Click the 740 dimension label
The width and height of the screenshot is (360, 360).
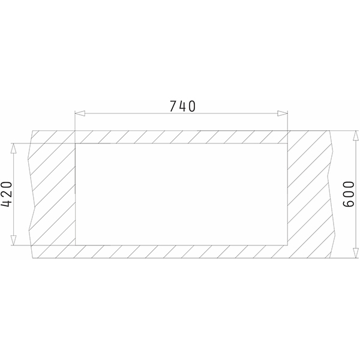(182, 106)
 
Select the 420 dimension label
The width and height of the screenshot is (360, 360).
(7, 194)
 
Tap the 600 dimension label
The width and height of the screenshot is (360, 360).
(348, 194)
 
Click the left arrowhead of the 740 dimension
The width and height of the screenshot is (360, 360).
(80, 113)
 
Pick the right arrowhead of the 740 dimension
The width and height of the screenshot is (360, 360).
(283, 113)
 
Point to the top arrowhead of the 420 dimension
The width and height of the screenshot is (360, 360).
(14, 148)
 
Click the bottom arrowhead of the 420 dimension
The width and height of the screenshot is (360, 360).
(14, 241)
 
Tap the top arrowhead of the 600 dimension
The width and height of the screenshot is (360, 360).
(356, 136)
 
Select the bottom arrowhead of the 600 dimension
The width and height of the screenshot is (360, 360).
(356, 253)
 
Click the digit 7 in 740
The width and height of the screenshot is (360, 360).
(173, 106)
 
